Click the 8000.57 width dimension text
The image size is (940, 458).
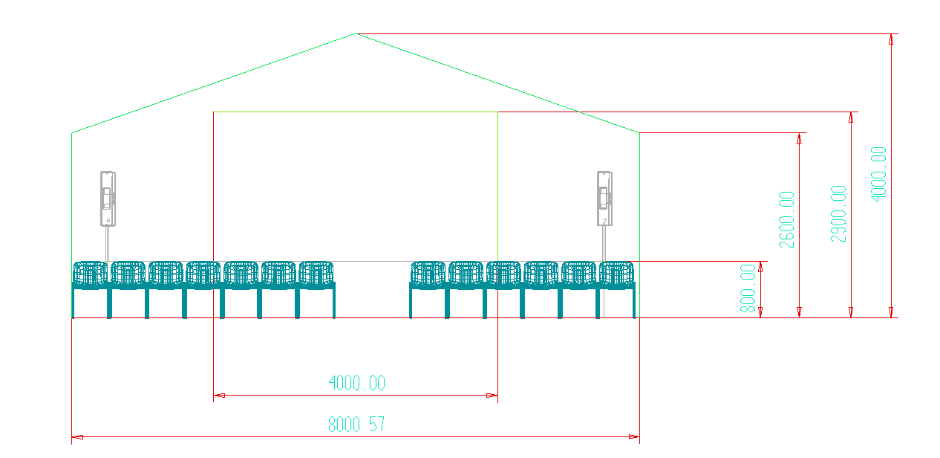[x=356, y=425]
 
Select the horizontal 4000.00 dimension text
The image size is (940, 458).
[x=356, y=383]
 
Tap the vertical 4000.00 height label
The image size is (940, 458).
[x=878, y=175]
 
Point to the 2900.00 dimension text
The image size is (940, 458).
[x=838, y=213]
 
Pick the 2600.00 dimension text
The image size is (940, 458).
[x=786, y=219]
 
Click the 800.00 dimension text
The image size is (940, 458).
[x=748, y=288]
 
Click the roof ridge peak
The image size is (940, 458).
[x=356, y=33]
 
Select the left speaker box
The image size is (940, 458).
[x=108, y=199]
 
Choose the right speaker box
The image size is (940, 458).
[x=604, y=199]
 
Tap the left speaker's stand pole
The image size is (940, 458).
[x=108, y=244]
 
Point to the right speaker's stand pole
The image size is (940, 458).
[x=604, y=244]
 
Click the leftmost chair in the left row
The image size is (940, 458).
[x=91, y=290]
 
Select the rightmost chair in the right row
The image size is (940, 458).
[x=616, y=290]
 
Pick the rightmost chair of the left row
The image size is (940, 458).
[x=316, y=290]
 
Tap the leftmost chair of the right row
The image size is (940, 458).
[x=428, y=290]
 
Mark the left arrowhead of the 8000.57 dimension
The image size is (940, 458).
[x=78, y=437]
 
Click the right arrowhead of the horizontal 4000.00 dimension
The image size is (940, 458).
[x=492, y=396]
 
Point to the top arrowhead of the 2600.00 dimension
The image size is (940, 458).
[x=799, y=138]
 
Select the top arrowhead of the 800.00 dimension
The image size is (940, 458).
[x=760, y=267]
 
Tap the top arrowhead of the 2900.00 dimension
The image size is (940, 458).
[x=851, y=117]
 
